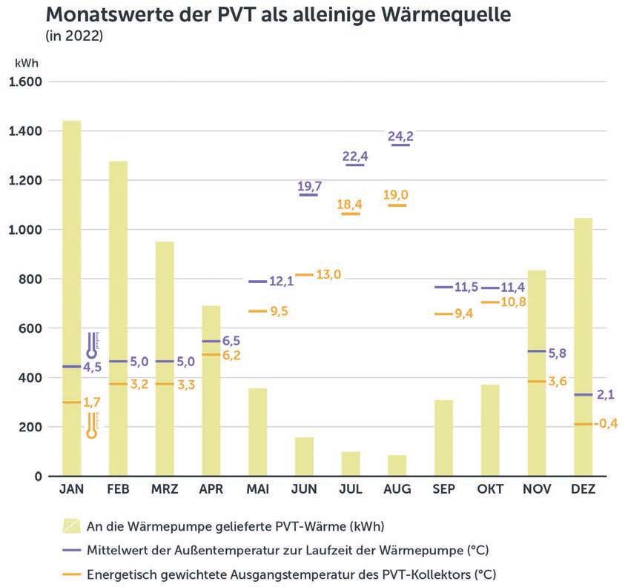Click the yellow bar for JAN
[x=72, y=296]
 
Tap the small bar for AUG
[x=397, y=465]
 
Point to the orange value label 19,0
[x=396, y=195]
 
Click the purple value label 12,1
[x=281, y=282]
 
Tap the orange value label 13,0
[x=328, y=275]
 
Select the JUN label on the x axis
[x=304, y=491]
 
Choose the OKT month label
[x=490, y=491]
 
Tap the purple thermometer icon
[x=92, y=345]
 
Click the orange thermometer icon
[x=92, y=425]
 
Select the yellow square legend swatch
[x=72, y=526]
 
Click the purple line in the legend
[x=72, y=550]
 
